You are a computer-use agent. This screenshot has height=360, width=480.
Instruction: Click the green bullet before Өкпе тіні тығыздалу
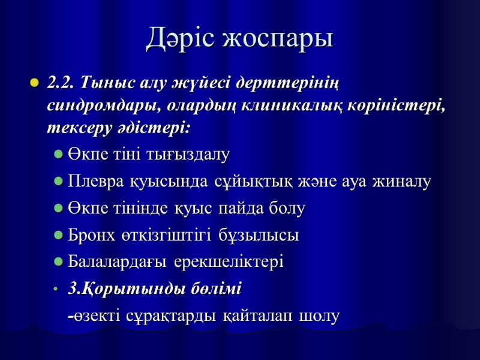point(58,155)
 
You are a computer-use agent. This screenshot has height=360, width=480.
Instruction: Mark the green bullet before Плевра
point(58,182)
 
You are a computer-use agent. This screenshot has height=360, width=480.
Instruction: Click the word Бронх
point(89,236)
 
